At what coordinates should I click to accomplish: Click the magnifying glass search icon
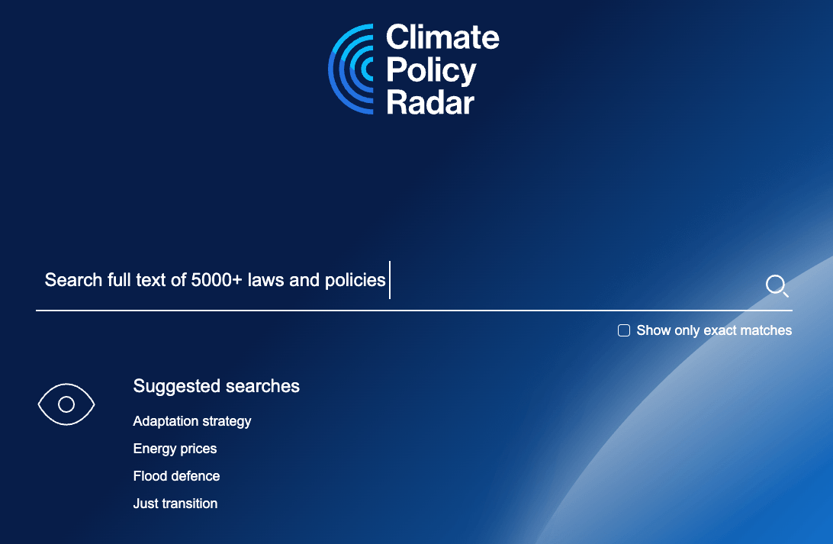pyautogui.click(x=777, y=285)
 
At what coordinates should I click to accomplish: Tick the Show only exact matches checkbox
pyautogui.click(x=624, y=330)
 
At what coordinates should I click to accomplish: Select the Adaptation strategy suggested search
pyautogui.click(x=191, y=421)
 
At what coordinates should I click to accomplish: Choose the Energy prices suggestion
pyautogui.click(x=175, y=449)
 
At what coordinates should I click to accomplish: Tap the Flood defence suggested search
pyautogui.click(x=176, y=476)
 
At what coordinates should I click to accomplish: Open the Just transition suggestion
pyautogui.click(x=175, y=504)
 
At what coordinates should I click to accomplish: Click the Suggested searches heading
pyautogui.click(x=216, y=386)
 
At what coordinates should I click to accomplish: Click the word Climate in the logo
pyautogui.click(x=442, y=37)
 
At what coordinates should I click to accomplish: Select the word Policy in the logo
pyautogui.click(x=431, y=71)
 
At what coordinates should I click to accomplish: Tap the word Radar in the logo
pyautogui.click(x=429, y=102)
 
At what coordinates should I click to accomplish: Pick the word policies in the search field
pyautogui.click(x=355, y=281)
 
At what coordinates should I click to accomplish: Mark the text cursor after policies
pyautogui.click(x=390, y=280)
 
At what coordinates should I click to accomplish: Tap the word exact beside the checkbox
pyautogui.click(x=719, y=330)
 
